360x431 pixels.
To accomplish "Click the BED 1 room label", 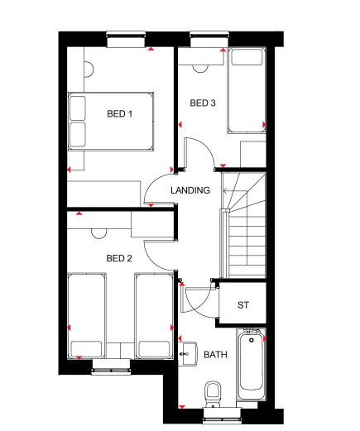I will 119,114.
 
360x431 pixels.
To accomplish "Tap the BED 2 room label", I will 119,258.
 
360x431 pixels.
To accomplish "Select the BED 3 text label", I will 203,103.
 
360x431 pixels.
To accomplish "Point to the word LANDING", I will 190,190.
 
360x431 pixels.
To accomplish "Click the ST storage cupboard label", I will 242,305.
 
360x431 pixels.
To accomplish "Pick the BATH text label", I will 215,355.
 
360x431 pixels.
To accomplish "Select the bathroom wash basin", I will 186,352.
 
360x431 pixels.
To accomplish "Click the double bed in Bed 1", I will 111,121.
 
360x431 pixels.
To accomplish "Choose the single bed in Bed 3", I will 247,90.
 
